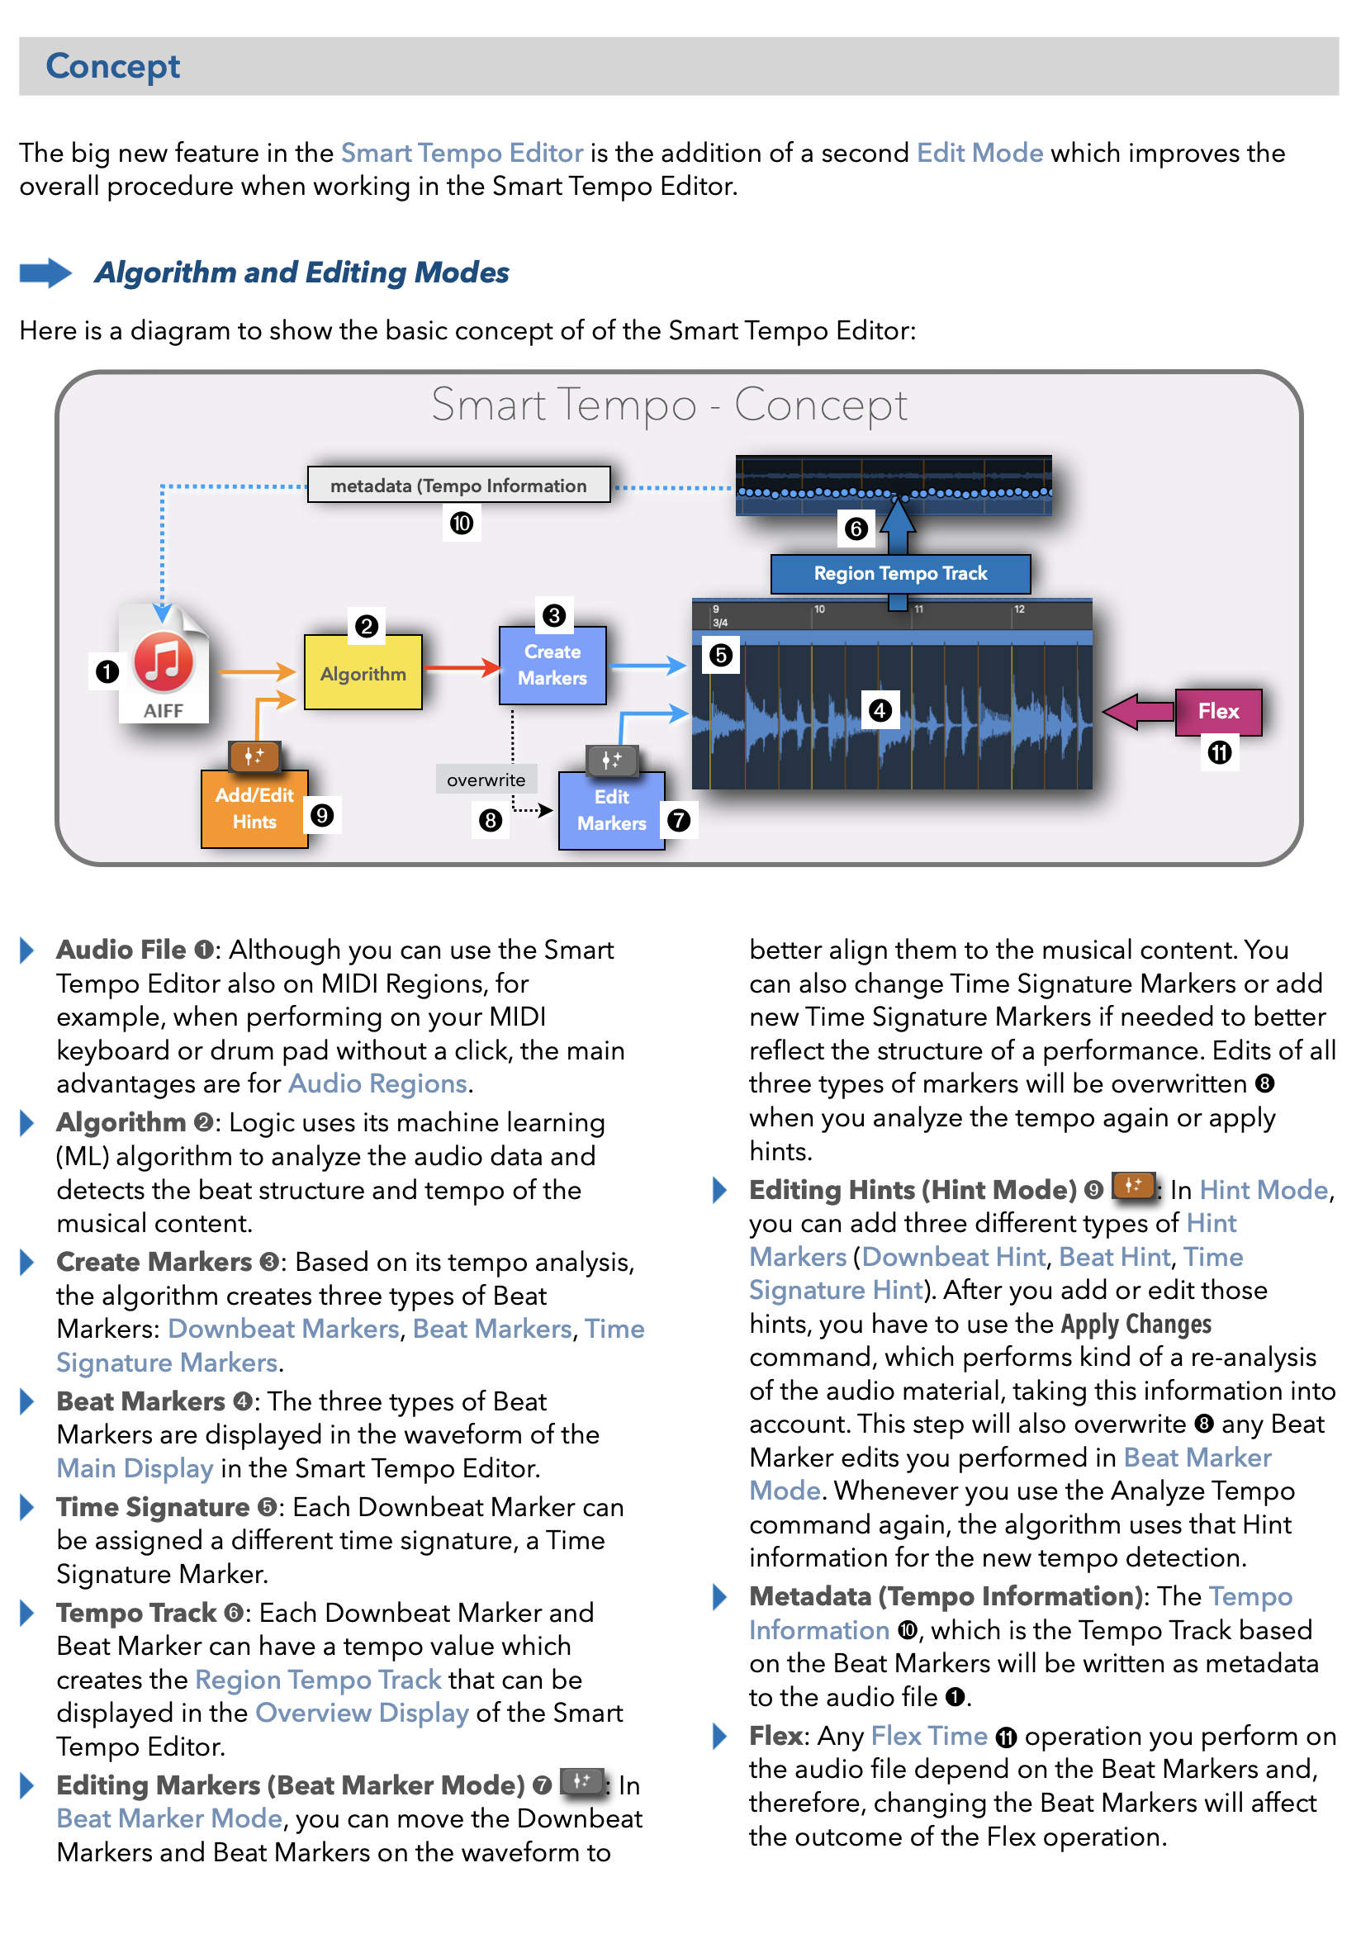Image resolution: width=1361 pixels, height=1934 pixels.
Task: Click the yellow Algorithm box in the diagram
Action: (x=363, y=673)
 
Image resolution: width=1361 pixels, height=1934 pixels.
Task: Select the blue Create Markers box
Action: (x=552, y=665)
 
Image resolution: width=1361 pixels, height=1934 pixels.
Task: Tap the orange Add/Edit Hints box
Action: (x=254, y=808)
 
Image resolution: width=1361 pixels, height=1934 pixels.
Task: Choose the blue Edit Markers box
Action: (x=611, y=810)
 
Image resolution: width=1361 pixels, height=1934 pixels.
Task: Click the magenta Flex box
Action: (x=1218, y=712)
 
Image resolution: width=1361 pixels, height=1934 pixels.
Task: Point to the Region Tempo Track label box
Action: (x=899, y=574)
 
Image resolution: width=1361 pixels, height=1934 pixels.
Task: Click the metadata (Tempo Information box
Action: (x=458, y=486)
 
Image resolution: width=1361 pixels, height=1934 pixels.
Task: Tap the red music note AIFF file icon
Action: (x=164, y=663)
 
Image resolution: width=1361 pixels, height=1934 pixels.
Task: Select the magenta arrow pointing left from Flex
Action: (x=1138, y=712)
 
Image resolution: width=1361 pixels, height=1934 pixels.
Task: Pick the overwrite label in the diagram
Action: (x=485, y=780)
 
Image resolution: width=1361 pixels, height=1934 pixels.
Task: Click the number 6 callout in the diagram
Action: (x=856, y=529)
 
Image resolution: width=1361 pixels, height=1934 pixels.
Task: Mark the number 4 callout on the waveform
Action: (x=880, y=710)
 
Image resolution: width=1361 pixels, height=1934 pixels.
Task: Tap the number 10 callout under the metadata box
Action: (x=461, y=524)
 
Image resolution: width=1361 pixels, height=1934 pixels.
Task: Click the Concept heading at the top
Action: (x=113, y=67)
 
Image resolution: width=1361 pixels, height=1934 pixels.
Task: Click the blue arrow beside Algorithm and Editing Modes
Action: (x=45, y=273)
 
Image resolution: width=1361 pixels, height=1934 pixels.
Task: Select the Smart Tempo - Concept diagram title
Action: (x=669, y=405)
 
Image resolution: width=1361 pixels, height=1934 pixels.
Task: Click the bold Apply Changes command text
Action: (x=1136, y=1324)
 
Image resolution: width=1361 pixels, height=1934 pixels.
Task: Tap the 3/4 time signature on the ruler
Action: (x=720, y=623)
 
